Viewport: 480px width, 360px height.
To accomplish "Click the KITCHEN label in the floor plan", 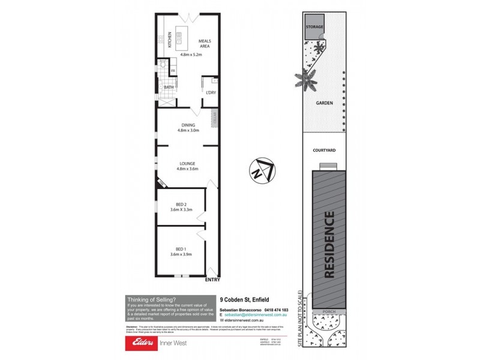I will click(170, 40).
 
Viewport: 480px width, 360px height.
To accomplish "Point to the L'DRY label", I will click(211, 93).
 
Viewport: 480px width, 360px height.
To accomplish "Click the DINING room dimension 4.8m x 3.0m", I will click(187, 130).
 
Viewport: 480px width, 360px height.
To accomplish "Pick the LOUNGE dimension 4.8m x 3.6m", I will click(187, 169).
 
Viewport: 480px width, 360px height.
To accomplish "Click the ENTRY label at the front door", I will click(212, 280).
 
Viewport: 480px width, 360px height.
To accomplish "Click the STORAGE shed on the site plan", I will click(315, 28).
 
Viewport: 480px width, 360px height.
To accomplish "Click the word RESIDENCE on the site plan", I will click(329, 245).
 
